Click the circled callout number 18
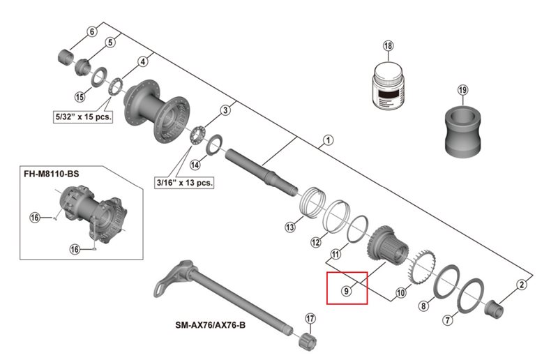pyautogui.click(x=388, y=47)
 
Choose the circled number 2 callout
pyautogui.click(x=520, y=284)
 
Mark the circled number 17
pyautogui.click(x=310, y=320)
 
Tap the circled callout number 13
pyautogui.click(x=290, y=227)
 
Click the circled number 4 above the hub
pyautogui.click(x=142, y=61)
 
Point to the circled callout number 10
pyautogui.click(x=400, y=294)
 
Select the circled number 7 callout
pyautogui.click(x=447, y=321)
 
